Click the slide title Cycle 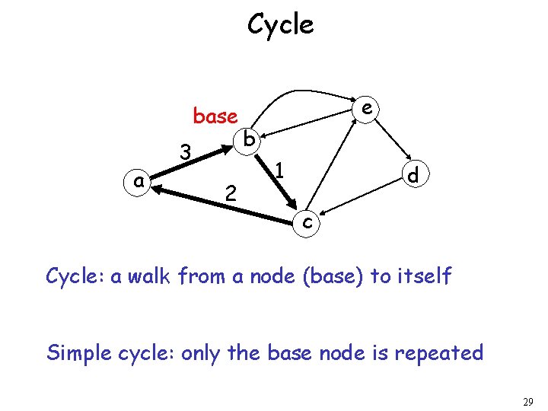click(x=280, y=25)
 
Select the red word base click(x=215, y=116)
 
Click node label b click(x=249, y=139)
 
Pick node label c click(x=306, y=222)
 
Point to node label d click(x=413, y=176)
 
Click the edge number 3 click(x=184, y=152)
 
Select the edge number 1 click(x=279, y=170)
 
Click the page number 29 click(x=528, y=401)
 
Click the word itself click(x=423, y=276)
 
